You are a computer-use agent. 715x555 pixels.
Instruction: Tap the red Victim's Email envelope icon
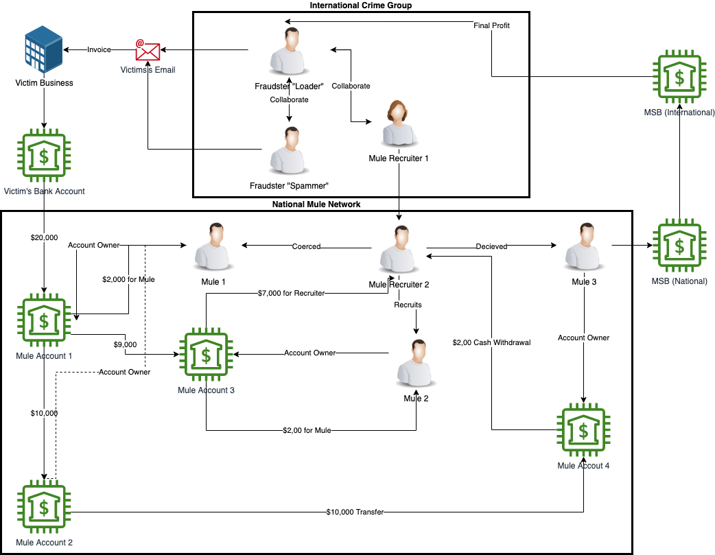[x=148, y=50]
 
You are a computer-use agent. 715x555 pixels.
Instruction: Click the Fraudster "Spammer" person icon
[x=287, y=151]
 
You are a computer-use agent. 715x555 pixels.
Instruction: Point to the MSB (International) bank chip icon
[x=679, y=77]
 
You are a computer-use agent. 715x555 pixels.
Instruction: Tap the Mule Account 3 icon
[x=206, y=355]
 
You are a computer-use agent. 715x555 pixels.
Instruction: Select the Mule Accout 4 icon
[x=583, y=431]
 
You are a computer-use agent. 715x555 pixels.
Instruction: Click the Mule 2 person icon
[x=415, y=364]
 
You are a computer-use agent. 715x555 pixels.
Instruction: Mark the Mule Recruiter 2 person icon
[x=399, y=248]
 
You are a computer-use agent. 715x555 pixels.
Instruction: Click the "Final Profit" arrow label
[x=491, y=25]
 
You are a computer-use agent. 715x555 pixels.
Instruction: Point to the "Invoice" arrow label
[x=99, y=49]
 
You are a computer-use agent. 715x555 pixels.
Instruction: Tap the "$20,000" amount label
[x=44, y=237]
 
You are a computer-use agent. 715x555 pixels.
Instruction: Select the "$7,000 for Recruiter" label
[x=292, y=293]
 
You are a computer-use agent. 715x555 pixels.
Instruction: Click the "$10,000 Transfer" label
[x=355, y=512]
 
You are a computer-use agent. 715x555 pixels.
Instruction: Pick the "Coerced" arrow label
[x=306, y=246]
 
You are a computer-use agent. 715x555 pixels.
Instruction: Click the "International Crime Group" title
[x=361, y=5]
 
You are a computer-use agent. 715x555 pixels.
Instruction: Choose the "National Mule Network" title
[x=316, y=204]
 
